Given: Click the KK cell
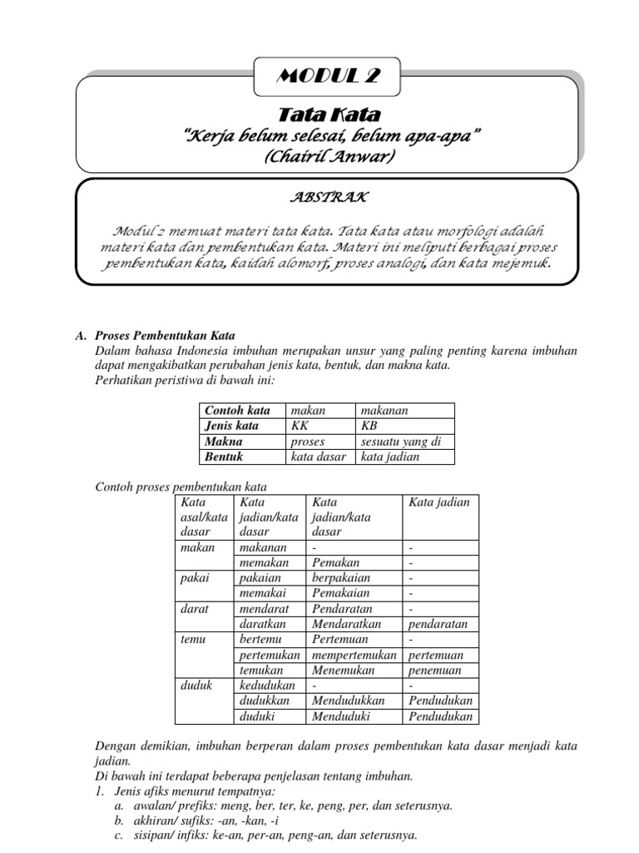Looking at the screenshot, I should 299,426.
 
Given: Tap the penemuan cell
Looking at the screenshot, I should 438,670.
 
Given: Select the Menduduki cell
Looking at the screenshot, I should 344,716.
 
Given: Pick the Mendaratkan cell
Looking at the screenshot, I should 347,624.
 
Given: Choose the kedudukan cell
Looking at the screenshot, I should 267,685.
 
